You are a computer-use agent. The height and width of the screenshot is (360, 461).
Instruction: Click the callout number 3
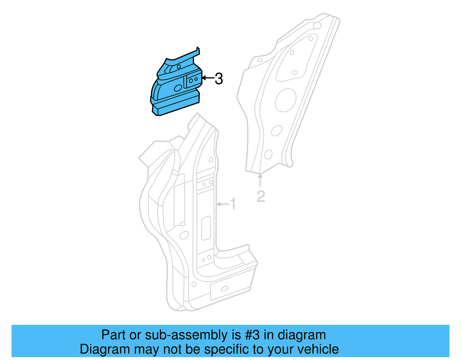click(219, 79)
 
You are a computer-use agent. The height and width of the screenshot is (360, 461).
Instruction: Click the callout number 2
click(261, 196)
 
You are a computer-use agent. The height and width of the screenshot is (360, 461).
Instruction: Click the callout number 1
click(233, 204)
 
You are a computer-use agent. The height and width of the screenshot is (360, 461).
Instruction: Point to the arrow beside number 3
click(208, 78)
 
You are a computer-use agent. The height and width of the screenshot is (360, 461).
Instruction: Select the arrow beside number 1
click(223, 204)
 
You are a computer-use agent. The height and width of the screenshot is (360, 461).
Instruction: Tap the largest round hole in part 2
click(286, 100)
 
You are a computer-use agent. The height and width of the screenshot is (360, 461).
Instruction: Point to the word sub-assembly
click(186, 335)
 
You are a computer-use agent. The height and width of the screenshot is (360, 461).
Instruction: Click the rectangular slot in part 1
click(206, 228)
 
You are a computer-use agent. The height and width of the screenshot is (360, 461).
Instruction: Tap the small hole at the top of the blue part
click(179, 67)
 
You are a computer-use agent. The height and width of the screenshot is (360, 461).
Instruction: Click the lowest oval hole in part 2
click(268, 154)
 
